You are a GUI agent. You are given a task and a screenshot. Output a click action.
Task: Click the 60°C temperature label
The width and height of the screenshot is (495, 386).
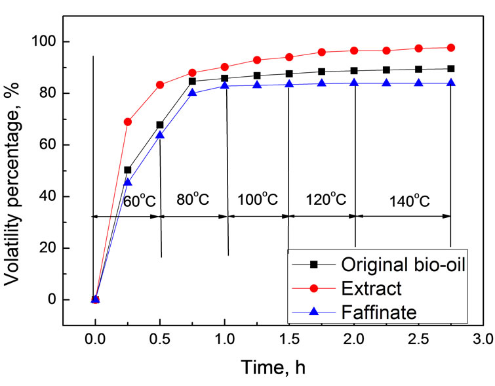coord(140,200)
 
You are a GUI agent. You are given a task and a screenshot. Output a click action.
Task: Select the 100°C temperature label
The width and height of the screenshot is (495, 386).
coord(258,200)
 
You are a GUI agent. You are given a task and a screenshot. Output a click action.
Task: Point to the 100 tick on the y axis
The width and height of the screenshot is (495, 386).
coord(41,42)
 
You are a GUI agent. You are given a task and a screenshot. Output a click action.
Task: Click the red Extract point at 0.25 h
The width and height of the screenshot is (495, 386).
coord(128,122)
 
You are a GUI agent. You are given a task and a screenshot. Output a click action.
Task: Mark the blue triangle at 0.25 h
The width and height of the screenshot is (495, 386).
coord(128,182)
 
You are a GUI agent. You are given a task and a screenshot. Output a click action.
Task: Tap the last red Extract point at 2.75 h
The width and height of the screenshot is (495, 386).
coord(451,48)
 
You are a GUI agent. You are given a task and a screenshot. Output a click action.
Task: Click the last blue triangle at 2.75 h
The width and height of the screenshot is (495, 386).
coord(451,83)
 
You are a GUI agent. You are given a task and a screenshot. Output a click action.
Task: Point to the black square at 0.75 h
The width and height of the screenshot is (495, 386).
coord(192,81)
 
